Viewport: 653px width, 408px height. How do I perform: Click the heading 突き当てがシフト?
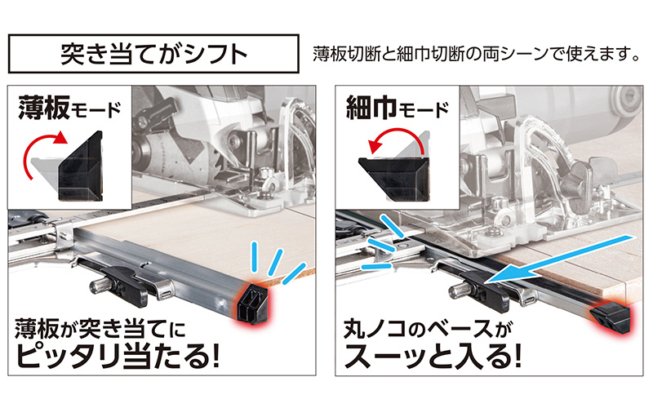153,54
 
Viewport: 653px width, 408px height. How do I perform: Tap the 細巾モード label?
398,109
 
